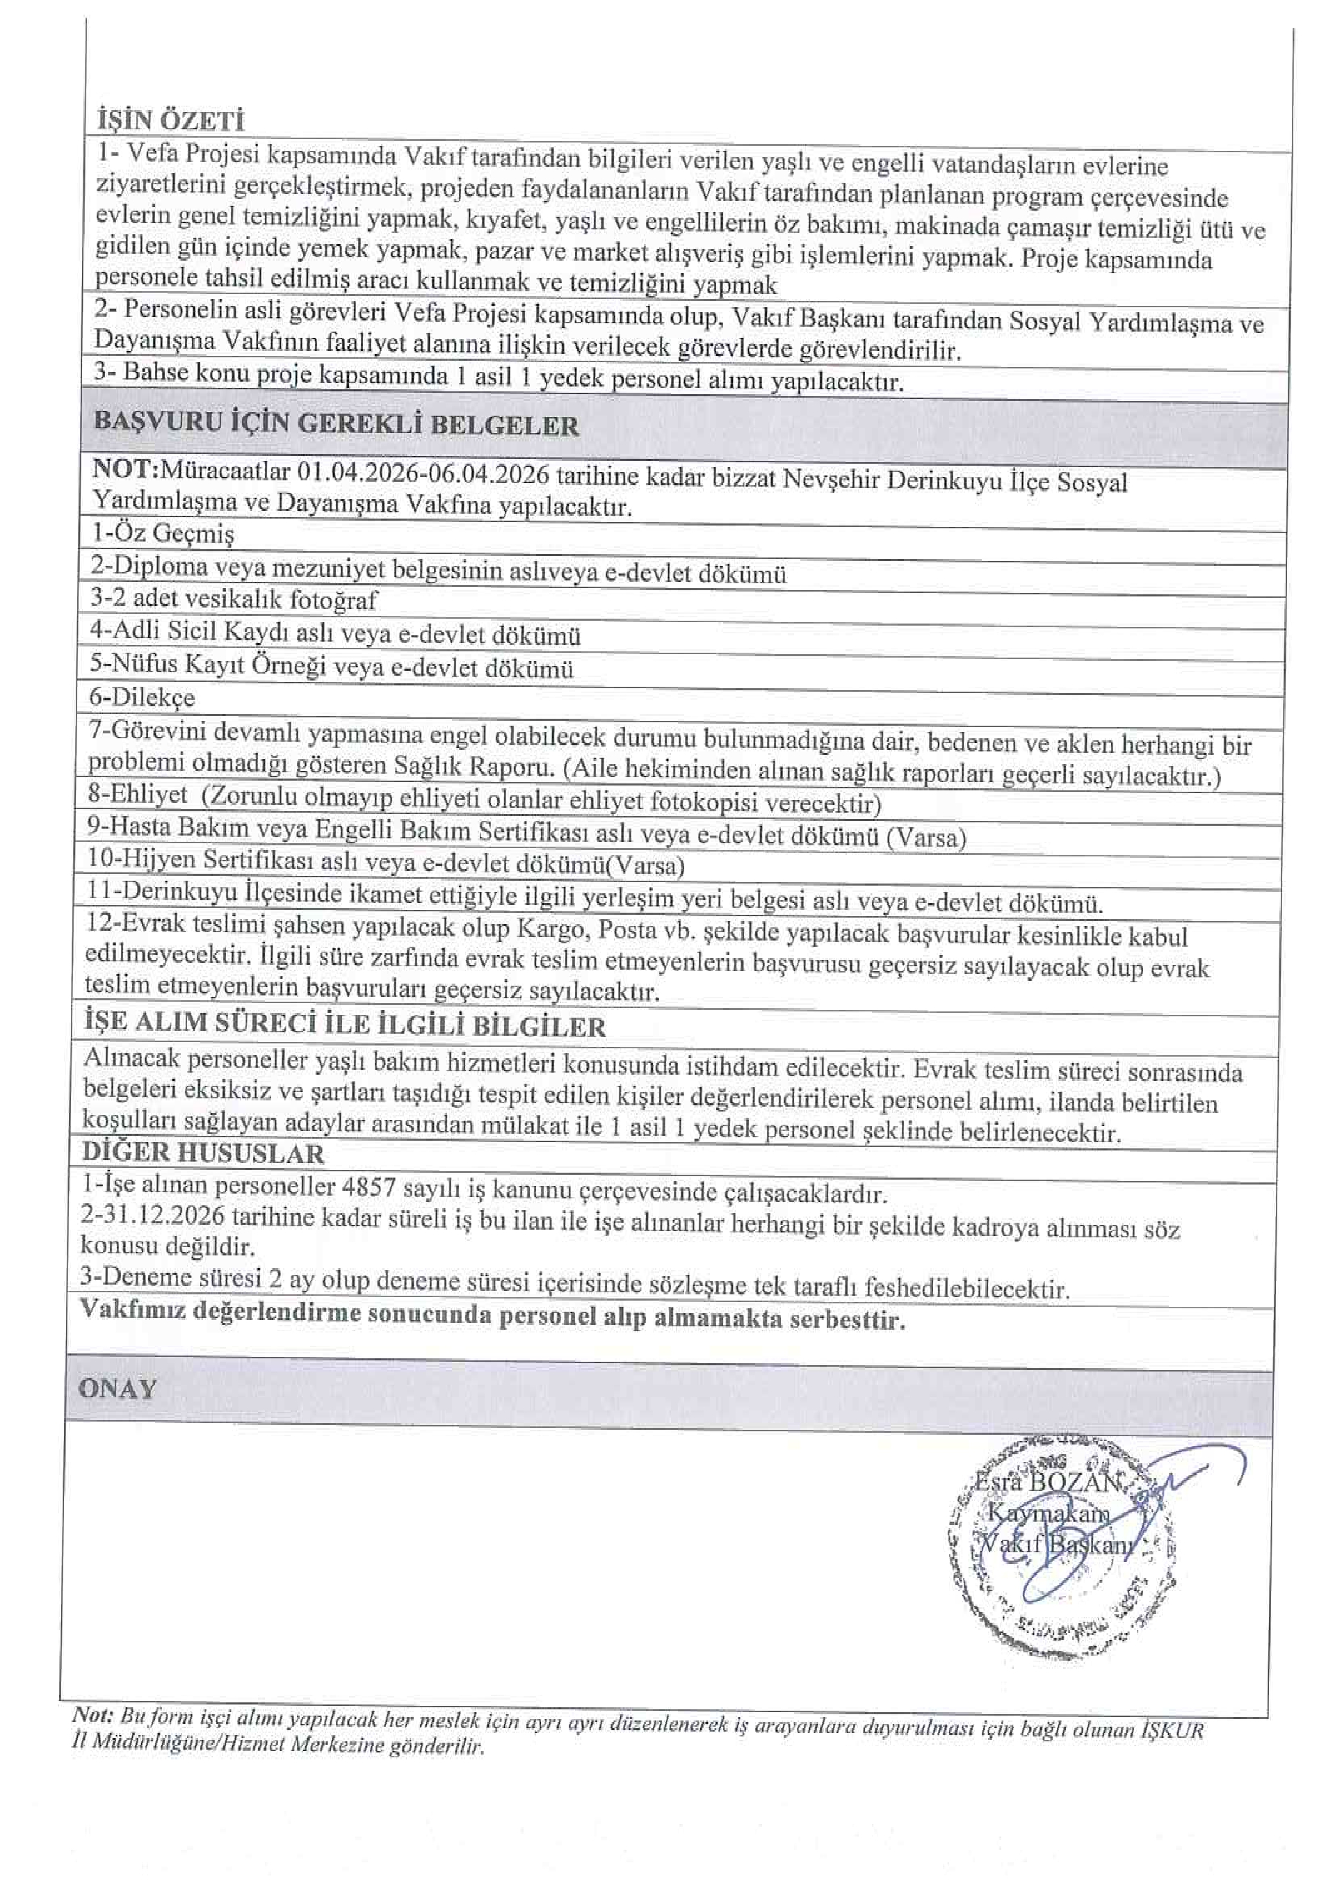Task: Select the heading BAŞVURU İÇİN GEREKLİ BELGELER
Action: coord(337,423)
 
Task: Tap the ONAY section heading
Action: coord(117,1389)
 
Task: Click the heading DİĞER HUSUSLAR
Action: coord(203,1152)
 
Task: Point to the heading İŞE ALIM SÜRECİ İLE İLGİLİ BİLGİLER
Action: coord(345,1025)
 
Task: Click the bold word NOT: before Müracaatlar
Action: coord(126,469)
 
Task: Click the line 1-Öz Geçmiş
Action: coord(162,534)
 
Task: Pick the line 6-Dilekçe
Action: coord(141,697)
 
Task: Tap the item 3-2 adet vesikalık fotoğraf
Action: coord(234,599)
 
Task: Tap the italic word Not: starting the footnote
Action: coord(91,1714)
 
